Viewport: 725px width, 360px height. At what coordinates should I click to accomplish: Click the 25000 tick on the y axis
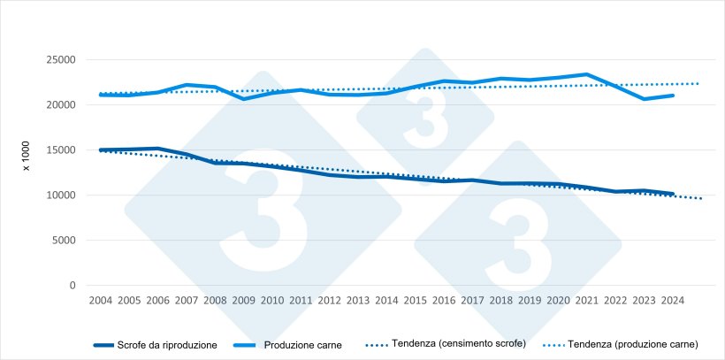coord(59,59)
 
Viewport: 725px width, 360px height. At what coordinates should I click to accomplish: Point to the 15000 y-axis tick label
coord(59,150)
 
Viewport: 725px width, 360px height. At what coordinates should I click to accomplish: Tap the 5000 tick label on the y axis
coord(62,241)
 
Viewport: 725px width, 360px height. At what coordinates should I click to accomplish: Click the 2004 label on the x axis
coord(100,301)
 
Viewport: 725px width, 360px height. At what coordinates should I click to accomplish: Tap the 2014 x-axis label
coord(386,301)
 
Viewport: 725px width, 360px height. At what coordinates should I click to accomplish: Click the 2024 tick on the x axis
coord(673,301)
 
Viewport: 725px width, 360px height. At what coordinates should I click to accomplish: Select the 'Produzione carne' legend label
coord(302,344)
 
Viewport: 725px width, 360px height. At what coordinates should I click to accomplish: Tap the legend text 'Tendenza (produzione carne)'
coord(634,344)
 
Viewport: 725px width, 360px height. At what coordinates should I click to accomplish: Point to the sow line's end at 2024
coord(673,194)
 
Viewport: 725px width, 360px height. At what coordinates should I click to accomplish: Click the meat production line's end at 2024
coord(673,96)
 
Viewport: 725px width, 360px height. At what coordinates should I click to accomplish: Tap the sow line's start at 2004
coord(100,150)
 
